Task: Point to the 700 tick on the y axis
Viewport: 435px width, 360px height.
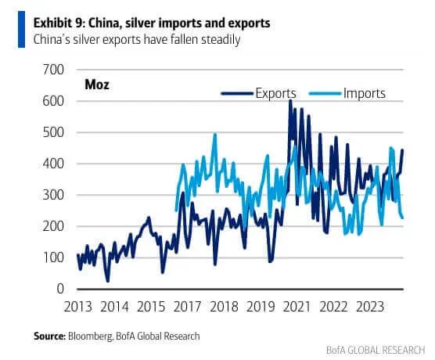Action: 52,70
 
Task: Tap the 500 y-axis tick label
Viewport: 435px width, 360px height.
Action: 52,133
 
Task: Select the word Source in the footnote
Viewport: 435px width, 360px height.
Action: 52,336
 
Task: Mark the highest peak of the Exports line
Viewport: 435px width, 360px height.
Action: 290,100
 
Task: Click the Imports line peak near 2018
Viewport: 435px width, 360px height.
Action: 214,135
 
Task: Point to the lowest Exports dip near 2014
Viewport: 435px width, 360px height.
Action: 107,281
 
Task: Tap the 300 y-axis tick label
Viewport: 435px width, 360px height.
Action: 52,196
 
